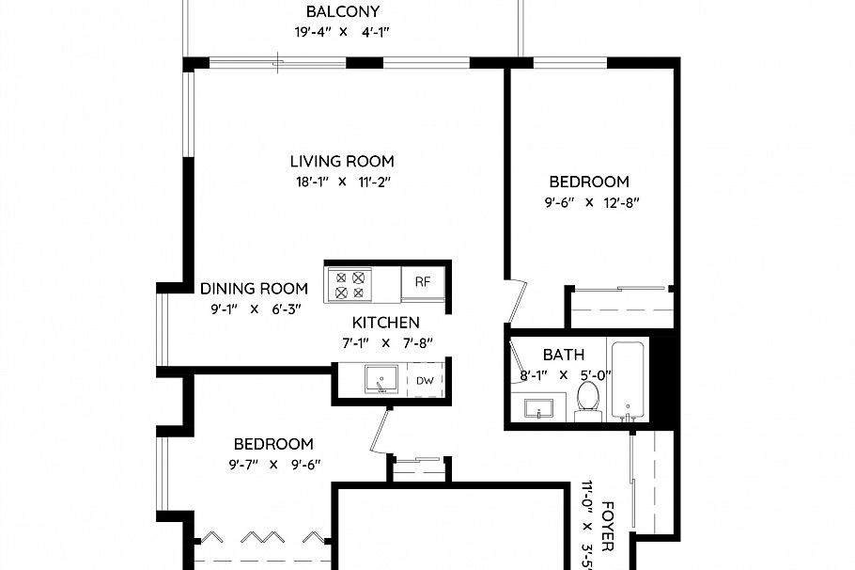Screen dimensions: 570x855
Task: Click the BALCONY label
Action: point(342,12)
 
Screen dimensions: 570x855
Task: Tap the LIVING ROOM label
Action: point(342,161)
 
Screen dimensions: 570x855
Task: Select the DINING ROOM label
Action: point(254,289)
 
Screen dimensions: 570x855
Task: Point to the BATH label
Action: point(564,355)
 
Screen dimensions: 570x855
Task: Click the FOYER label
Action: point(608,525)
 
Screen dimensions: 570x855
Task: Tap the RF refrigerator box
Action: point(423,282)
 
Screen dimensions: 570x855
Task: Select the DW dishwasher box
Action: point(425,381)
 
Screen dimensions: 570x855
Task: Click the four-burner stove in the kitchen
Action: point(349,284)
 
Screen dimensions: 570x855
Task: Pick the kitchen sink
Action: point(381,380)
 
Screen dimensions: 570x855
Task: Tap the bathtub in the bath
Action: point(628,381)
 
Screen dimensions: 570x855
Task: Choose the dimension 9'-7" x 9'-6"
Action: point(274,464)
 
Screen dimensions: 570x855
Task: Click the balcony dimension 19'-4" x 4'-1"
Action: point(342,32)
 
